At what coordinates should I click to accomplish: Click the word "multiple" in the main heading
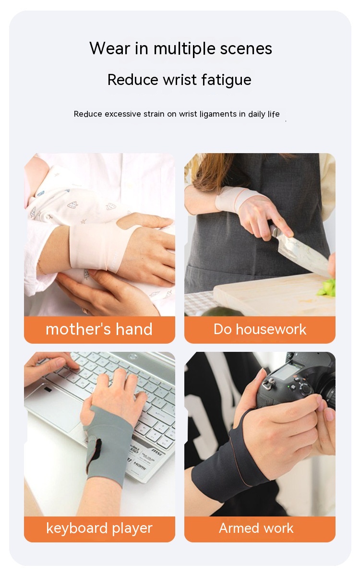coord(184,49)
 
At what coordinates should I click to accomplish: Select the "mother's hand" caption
coord(99,329)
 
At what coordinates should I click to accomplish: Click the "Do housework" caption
coord(260,329)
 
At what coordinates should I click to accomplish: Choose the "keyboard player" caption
coord(99,528)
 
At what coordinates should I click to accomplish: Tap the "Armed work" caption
coord(256,528)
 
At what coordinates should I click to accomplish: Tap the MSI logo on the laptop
coord(156,451)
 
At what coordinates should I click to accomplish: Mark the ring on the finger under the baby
coord(85,311)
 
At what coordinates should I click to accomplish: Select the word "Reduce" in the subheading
coord(132,80)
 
